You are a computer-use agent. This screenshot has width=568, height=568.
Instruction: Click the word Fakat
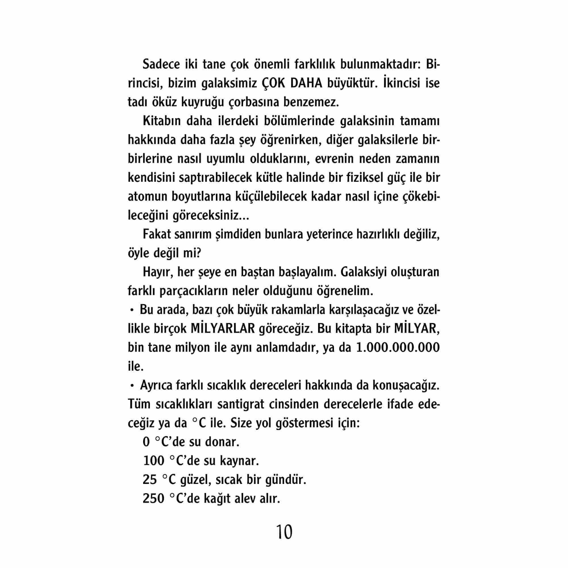(x=156, y=234)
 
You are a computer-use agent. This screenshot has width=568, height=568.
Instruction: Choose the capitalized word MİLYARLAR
(x=223, y=329)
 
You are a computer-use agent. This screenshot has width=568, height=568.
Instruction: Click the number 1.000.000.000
(x=398, y=348)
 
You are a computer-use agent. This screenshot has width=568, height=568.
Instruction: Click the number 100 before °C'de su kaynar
(x=153, y=461)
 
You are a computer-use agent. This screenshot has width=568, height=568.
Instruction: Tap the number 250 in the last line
(x=153, y=499)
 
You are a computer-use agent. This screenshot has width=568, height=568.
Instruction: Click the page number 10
(x=284, y=532)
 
